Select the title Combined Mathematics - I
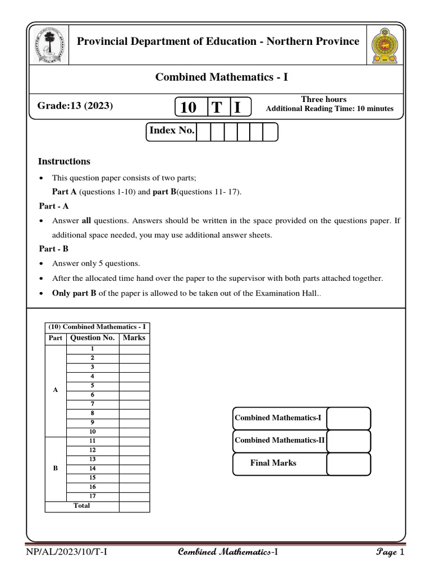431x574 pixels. click(221, 77)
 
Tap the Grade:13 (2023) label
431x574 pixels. click(75, 105)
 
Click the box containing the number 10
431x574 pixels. click(189, 107)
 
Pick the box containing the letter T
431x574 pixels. click(216, 107)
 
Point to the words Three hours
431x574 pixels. click(324, 99)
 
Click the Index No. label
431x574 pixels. click(172, 131)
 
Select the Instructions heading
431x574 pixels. click(64, 161)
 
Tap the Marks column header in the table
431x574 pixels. click(134, 338)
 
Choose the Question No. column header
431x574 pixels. click(93, 338)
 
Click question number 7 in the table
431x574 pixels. click(93, 404)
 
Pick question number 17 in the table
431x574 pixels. click(93, 496)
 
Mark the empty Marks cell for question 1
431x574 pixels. click(134, 349)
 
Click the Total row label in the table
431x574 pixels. click(82, 506)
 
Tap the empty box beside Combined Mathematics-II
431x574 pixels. click(349, 441)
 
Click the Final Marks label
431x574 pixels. click(273, 463)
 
